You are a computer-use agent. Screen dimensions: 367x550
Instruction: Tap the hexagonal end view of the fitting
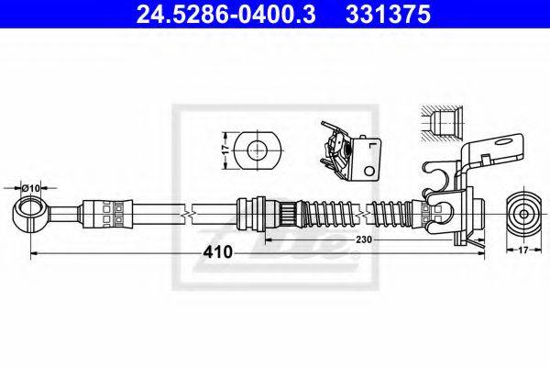524,212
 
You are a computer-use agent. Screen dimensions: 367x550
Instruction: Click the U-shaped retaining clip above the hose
437,179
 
